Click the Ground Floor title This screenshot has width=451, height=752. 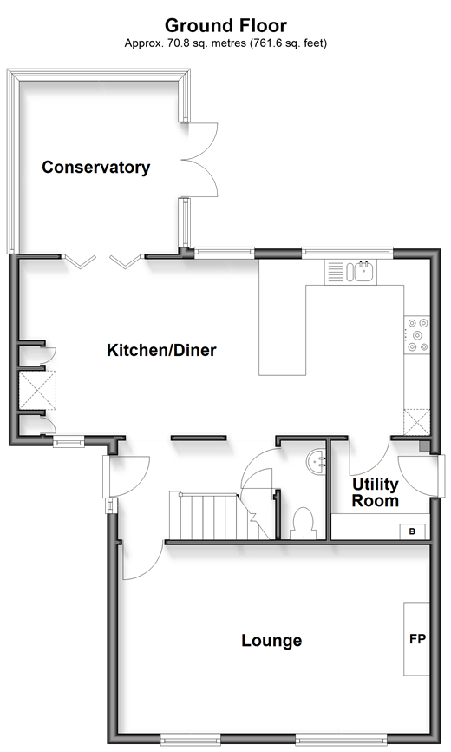point(226,25)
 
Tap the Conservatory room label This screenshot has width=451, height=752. point(95,167)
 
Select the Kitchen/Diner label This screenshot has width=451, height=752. point(161,350)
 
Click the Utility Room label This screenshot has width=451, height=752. point(376,492)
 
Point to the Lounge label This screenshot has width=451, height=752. point(271,640)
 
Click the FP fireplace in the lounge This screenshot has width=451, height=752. point(416,639)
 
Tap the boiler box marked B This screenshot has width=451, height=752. point(412,531)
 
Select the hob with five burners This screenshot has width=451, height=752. point(417,335)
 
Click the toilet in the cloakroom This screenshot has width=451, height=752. point(303,523)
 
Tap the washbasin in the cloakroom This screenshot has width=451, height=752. point(316,462)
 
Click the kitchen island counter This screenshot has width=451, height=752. point(331,330)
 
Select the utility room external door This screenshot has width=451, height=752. point(418,475)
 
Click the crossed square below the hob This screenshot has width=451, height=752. point(417,422)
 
